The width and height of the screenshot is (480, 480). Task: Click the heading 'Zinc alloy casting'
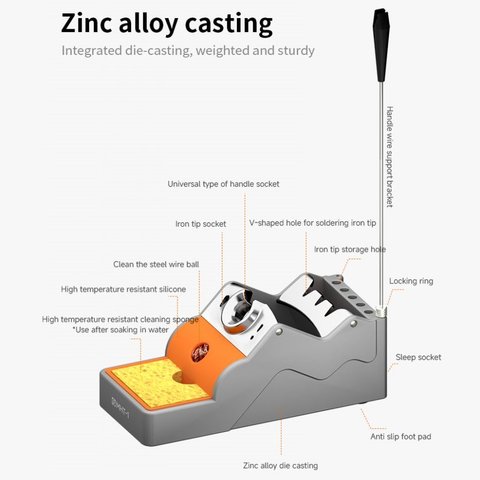tap(167, 23)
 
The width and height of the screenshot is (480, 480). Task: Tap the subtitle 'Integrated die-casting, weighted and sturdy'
tap(188, 51)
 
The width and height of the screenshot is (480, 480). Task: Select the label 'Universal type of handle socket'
tap(223, 184)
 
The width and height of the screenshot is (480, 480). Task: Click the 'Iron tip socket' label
tap(201, 224)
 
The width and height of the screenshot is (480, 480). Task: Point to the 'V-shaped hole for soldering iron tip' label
tap(313, 223)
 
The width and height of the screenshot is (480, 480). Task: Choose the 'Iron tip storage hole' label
tap(350, 249)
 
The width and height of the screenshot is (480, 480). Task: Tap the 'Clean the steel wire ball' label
tap(156, 264)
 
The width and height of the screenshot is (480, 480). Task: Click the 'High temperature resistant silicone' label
tap(123, 289)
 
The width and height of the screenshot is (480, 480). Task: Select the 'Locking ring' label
tap(411, 281)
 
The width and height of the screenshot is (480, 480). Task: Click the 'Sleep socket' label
tap(418, 357)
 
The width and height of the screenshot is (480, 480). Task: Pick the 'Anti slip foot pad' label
tap(401, 437)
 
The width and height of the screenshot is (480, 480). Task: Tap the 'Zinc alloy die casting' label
tap(280, 466)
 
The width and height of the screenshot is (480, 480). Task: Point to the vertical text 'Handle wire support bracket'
tap(390, 157)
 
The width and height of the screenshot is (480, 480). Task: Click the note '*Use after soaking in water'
tap(121, 330)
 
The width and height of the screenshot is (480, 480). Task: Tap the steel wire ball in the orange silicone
tap(200, 352)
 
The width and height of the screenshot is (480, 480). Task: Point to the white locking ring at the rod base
tap(381, 311)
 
